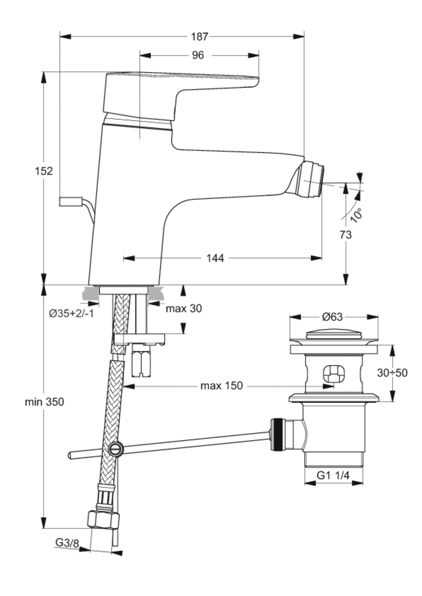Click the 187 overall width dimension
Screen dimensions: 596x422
click(x=199, y=37)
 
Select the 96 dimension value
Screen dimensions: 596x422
click(x=198, y=55)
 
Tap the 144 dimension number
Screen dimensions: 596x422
click(x=215, y=258)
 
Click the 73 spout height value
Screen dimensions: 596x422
click(x=346, y=235)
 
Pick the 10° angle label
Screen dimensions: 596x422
click(x=356, y=215)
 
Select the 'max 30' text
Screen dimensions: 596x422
click(x=184, y=308)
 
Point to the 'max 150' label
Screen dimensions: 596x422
click(x=221, y=386)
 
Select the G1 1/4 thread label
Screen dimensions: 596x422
click(x=333, y=476)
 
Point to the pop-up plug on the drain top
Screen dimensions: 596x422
click(x=334, y=334)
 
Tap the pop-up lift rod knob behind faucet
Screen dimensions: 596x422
click(x=70, y=201)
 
